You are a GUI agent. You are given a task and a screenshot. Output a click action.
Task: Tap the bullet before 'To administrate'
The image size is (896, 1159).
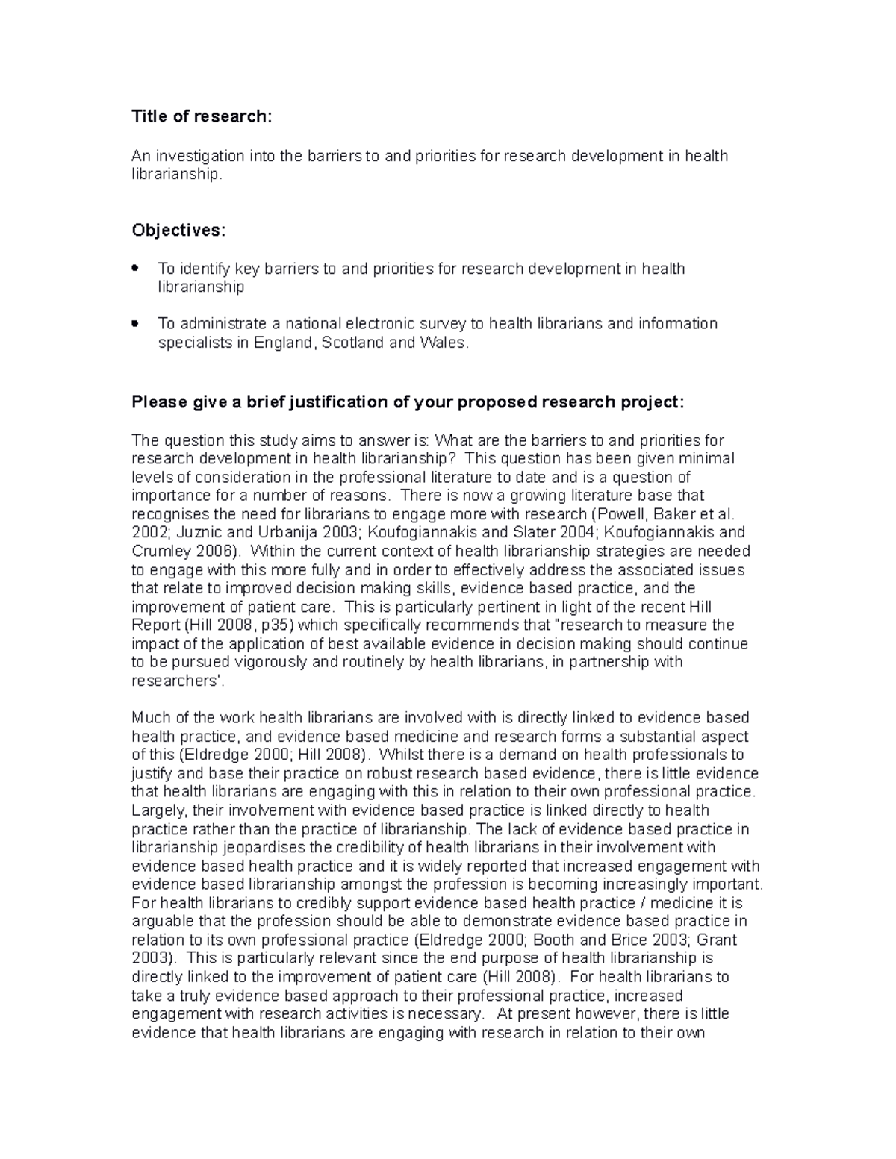(x=135, y=324)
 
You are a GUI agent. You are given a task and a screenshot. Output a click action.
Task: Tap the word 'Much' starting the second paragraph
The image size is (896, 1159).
(x=148, y=718)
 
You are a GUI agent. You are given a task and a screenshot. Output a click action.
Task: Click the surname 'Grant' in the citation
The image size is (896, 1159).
(x=716, y=940)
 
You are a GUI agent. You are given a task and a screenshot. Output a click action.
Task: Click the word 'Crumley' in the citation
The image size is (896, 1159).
(x=161, y=552)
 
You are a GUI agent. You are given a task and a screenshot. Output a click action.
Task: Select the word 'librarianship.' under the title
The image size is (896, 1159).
(x=177, y=175)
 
